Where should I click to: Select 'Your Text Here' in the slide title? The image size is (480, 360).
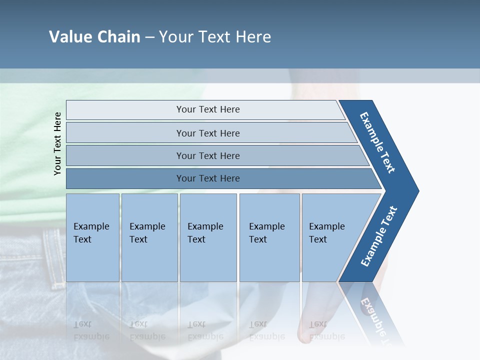point(215,37)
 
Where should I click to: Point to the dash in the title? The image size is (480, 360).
point(149,37)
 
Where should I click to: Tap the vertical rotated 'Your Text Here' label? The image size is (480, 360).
point(57,143)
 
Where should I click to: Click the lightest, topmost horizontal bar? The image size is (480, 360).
point(207,109)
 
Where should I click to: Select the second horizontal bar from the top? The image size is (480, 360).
point(207,133)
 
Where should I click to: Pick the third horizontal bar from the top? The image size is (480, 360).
point(207,155)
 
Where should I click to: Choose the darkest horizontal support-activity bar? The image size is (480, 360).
point(207,178)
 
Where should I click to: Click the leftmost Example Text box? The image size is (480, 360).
point(92,237)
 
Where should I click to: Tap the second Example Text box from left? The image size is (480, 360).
point(149,237)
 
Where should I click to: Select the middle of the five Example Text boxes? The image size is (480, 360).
point(208,237)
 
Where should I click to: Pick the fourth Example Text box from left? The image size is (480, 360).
point(269,237)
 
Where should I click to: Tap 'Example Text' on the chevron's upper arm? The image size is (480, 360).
point(377,142)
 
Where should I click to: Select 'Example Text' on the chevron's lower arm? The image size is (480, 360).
point(378,236)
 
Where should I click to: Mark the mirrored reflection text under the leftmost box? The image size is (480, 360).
point(91,330)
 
